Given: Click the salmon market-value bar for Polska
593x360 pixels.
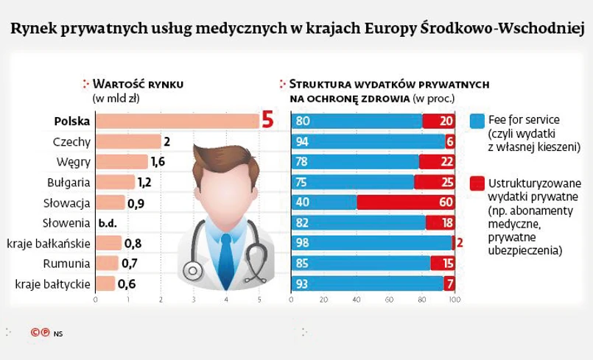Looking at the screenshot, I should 177,121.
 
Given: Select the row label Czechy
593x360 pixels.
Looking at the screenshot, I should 71,141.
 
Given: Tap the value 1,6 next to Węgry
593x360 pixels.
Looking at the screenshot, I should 158,162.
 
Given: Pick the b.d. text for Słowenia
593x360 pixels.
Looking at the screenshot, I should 108,222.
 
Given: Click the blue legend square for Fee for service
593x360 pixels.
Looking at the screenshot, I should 477,120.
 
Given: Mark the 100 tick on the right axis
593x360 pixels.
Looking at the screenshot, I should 455,300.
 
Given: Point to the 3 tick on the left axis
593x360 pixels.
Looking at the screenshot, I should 193,300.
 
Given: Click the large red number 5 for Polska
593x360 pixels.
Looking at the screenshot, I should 268,120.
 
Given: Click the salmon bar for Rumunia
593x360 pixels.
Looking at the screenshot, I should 107,263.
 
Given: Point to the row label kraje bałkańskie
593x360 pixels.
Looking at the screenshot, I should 49,243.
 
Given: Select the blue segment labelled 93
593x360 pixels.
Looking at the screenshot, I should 367,283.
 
